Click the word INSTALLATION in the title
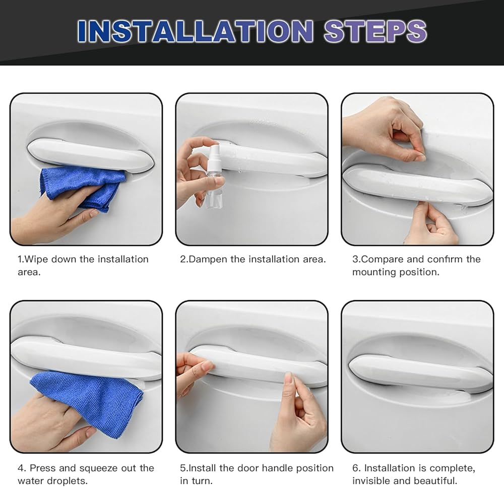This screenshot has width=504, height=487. (x=195, y=31)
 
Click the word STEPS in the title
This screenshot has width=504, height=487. (x=375, y=31)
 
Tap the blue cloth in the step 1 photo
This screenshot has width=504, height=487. (x=83, y=188)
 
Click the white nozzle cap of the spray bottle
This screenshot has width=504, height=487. (x=213, y=154)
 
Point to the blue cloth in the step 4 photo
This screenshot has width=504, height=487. (x=87, y=402)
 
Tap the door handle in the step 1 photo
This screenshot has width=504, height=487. (x=90, y=155)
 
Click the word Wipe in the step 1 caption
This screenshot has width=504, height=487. (x=36, y=259)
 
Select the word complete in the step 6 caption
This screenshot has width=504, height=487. (x=452, y=468)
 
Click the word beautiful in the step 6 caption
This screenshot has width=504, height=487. (x=435, y=481)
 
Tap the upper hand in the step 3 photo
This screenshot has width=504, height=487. (x=384, y=129)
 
